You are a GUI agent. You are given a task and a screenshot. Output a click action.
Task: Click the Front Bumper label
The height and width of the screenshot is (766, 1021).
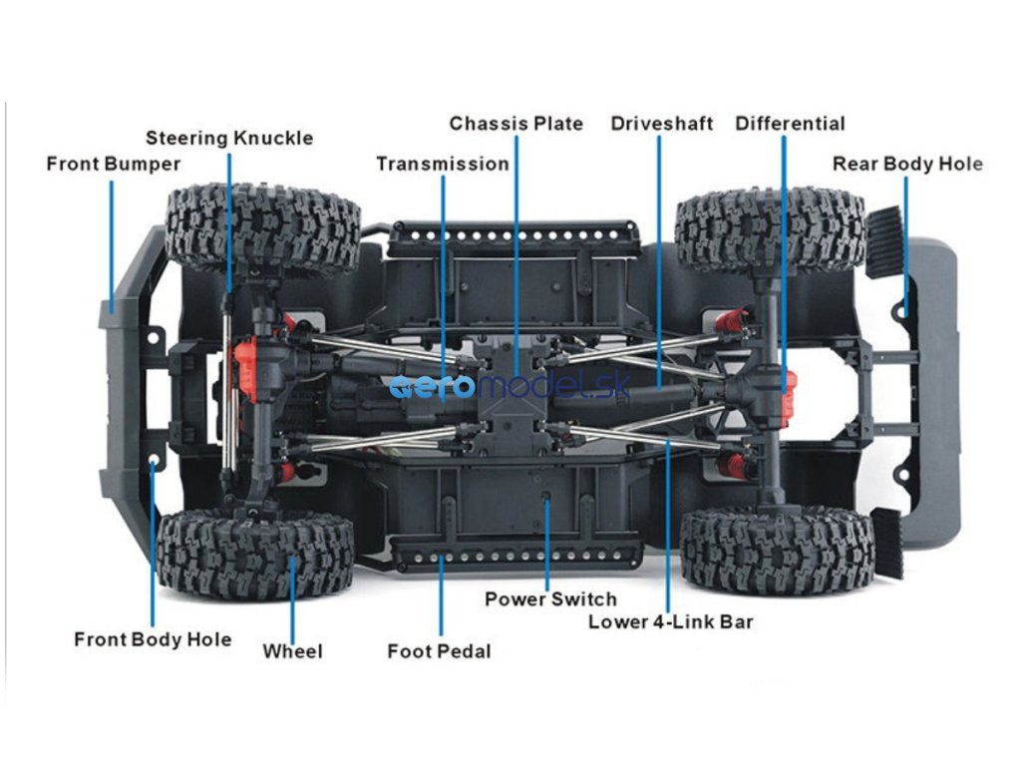tap(113, 164)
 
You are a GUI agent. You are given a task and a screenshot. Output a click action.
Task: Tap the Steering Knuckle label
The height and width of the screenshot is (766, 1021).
tap(229, 138)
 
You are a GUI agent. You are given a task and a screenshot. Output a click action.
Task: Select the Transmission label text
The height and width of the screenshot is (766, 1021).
tap(442, 164)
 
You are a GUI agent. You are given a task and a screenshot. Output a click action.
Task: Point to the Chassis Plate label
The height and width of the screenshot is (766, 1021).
tap(515, 124)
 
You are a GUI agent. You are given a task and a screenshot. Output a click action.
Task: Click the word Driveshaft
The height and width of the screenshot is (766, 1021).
tap(662, 124)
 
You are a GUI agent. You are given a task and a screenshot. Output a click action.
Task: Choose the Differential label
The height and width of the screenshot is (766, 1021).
tap(790, 124)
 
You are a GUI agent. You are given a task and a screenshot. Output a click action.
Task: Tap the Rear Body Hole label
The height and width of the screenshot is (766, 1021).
tap(907, 164)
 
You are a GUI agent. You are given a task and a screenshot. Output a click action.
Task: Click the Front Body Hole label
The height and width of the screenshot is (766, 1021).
tap(153, 639)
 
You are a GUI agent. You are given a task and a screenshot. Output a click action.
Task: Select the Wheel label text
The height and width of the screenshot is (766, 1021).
tap(292, 651)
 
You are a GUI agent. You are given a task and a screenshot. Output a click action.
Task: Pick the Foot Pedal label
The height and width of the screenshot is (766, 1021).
tap(439, 651)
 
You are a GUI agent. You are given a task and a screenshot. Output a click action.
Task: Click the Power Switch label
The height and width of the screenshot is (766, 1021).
tap(550, 599)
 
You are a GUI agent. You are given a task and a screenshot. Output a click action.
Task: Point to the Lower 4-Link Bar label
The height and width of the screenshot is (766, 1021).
tap(670, 622)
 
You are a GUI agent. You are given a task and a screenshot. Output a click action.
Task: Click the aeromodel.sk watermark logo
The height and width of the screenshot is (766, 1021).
tap(510, 387)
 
